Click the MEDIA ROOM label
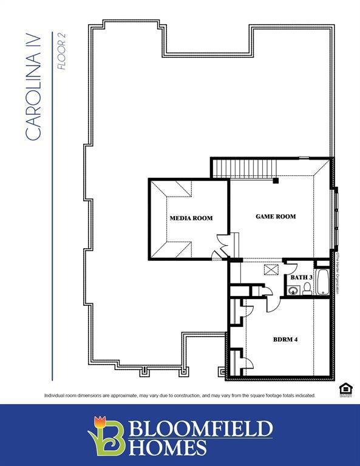click(x=191, y=218)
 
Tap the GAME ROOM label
click(x=275, y=216)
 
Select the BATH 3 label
click(x=301, y=277)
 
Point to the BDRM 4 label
click(x=285, y=339)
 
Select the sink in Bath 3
click(x=294, y=291)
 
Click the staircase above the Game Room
click(x=243, y=167)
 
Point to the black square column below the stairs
click(x=276, y=180)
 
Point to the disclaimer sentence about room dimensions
click(x=180, y=396)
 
